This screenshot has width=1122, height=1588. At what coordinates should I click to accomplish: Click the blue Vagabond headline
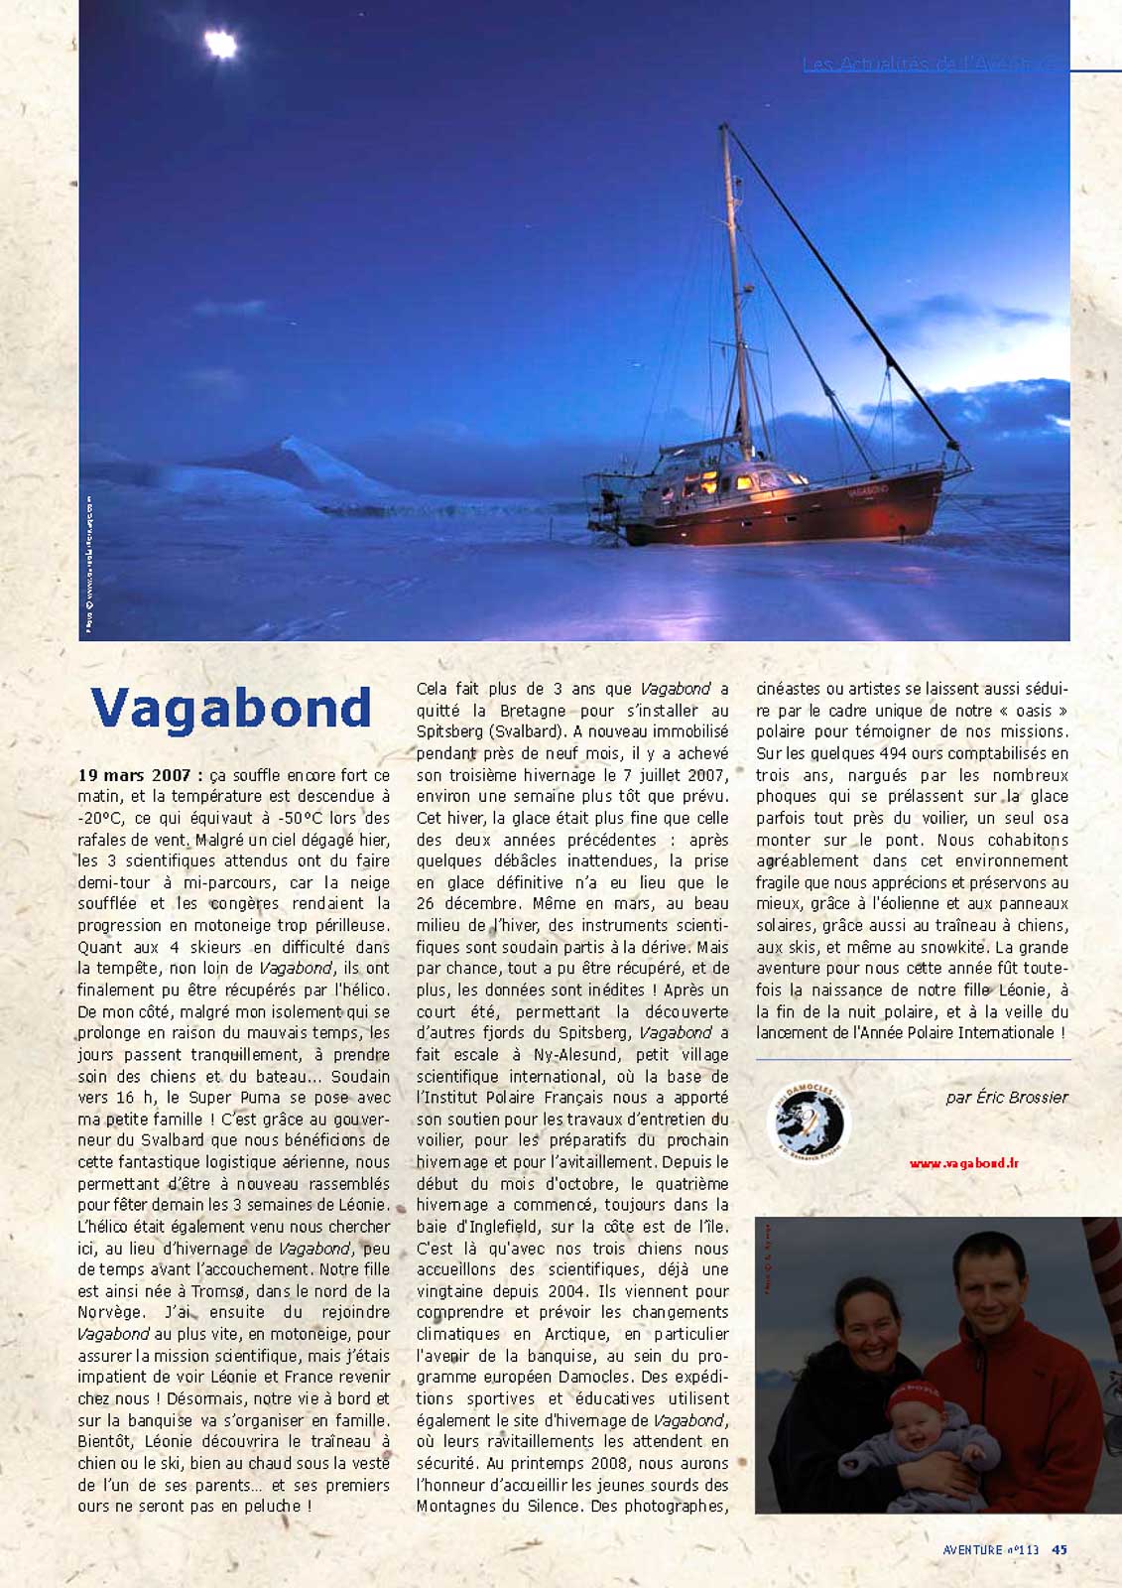click(x=231, y=709)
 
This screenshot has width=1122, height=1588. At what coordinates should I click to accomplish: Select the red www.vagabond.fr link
click(x=964, y=1163)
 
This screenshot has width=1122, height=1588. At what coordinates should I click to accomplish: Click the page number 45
click(x=1060, y=1549)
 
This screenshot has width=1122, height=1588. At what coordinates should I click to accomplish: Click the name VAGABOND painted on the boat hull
click(x=868, y=490)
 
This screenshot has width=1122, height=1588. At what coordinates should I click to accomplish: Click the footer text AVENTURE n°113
click(x=990, y=1549)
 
